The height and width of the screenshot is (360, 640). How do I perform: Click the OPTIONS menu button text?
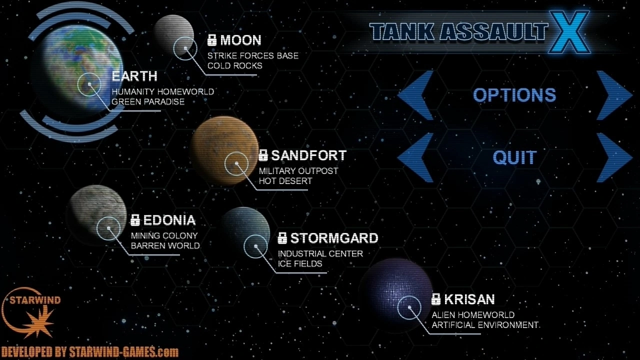point(514,95)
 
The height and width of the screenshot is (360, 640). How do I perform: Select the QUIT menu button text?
point(515,157)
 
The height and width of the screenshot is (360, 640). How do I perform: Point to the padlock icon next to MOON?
point(211,40)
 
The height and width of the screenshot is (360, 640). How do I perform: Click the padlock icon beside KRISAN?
point(435,299)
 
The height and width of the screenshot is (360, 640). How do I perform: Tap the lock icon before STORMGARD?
point(282,238)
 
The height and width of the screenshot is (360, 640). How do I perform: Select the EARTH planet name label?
point(134,76)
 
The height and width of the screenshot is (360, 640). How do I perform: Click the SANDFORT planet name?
point(309,155)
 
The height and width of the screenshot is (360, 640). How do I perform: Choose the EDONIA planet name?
point(169,220)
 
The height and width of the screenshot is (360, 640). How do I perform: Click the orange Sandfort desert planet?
point(224,150)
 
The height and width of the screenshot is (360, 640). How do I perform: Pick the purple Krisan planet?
point(395,295)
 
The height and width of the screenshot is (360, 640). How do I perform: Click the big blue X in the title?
point(569,32)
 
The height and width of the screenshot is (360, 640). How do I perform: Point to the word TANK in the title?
point(402,31)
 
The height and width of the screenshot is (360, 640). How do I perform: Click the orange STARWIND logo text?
point(35,300)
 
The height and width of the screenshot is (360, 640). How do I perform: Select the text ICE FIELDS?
point(300,263)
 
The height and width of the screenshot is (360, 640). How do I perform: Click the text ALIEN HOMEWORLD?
point(473,315)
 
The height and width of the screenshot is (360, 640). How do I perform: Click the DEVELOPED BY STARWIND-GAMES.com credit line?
point(89,351)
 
